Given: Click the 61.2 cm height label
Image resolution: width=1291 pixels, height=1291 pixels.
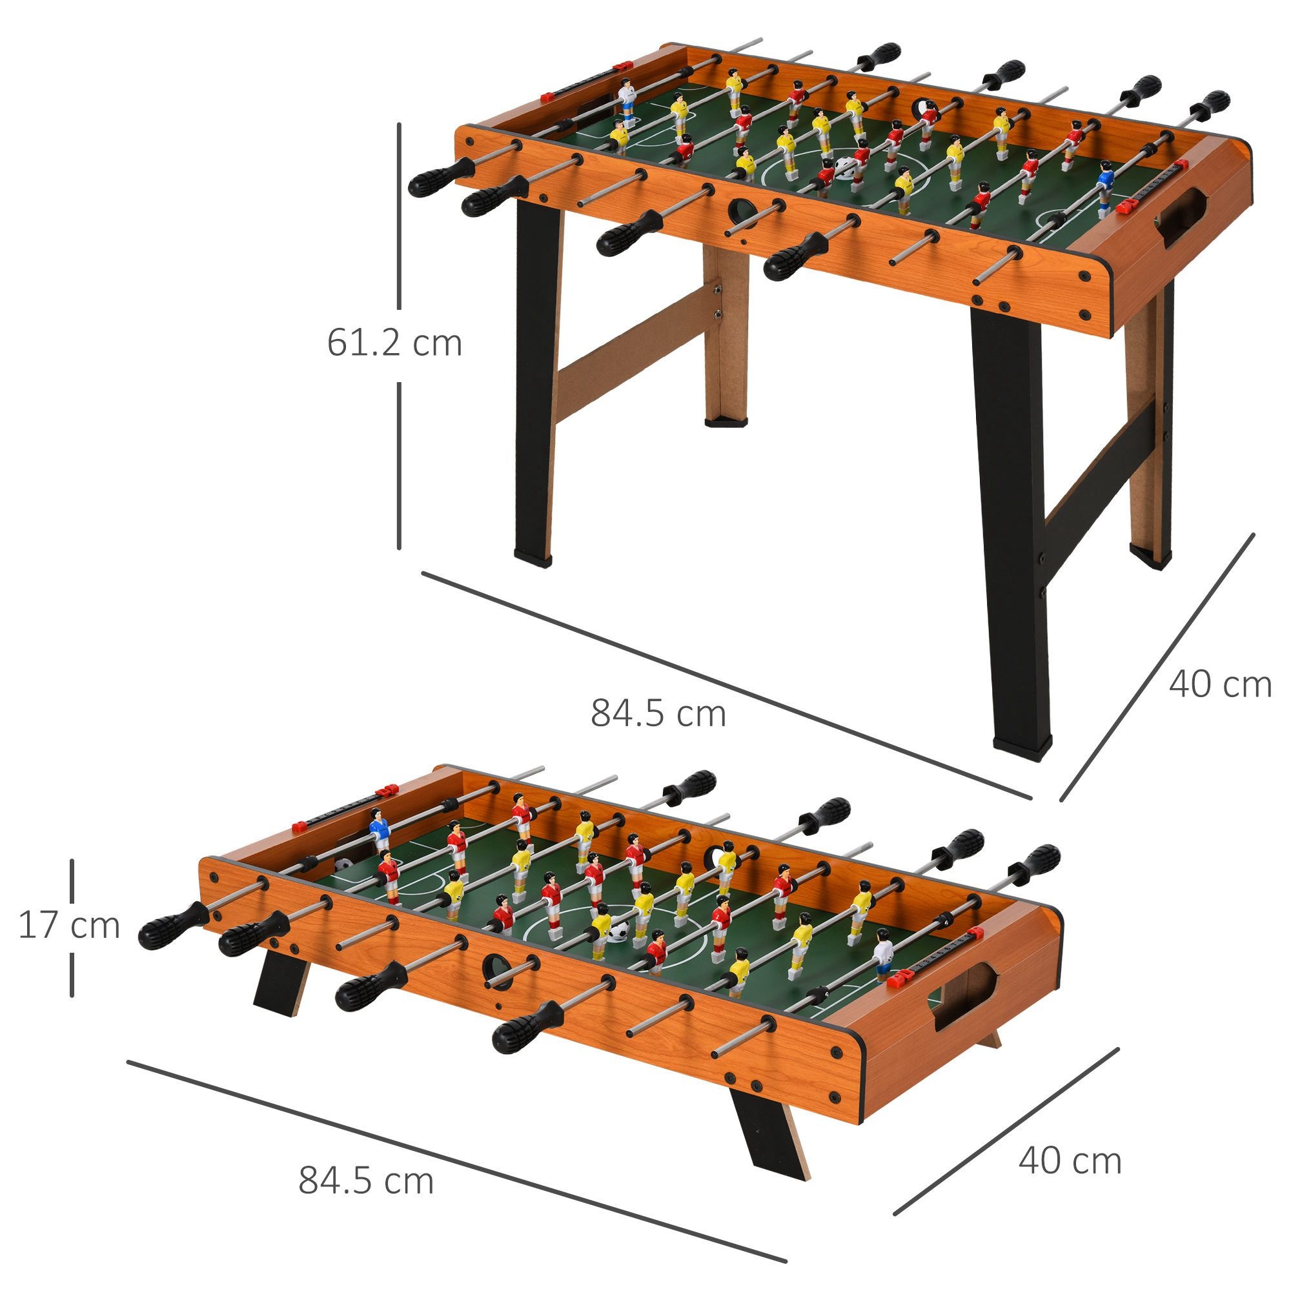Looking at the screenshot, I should (394, 343).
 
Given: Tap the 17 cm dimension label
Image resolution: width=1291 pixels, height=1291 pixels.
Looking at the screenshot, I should (69, 926).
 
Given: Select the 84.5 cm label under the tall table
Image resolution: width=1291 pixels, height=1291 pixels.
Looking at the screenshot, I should (658, 713).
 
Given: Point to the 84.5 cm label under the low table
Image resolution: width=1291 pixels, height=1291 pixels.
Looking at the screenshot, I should (365, 1181).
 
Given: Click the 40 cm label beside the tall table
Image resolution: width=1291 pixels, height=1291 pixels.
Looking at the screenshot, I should (1219, 685).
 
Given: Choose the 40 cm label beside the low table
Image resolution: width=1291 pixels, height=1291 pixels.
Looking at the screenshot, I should (1069, 1161).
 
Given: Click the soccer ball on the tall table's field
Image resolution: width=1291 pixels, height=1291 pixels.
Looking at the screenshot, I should (844, 167).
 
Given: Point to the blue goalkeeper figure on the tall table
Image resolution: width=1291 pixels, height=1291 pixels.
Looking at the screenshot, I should (1105, 189).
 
